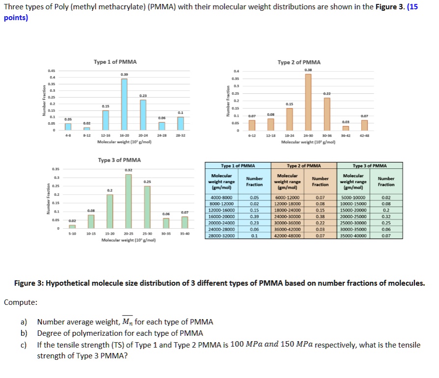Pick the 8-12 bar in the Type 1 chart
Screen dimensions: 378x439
pos(87,128)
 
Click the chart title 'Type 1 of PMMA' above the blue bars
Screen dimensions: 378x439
pos(115,62)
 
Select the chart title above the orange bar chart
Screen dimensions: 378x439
pos(299,62)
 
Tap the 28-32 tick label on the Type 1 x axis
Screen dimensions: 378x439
pos(180,135)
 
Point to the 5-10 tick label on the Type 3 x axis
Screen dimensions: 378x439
pos(72,234)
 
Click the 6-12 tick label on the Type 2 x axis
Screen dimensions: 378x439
pos(252,135)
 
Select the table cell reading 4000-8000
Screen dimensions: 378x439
pos(220,197)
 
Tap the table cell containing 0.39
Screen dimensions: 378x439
pos(254,216)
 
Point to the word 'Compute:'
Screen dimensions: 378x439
pos(20,302)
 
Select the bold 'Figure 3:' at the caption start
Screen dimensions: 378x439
pos(31,283)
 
